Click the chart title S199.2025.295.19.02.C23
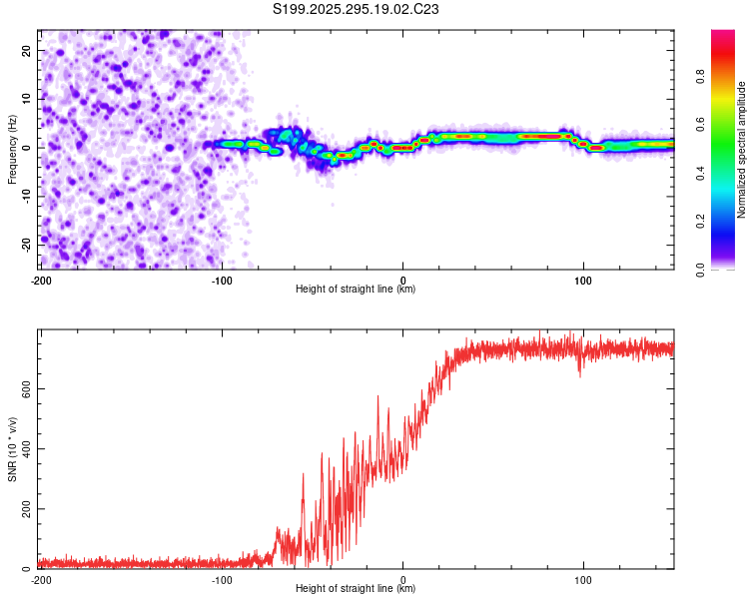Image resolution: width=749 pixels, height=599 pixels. point(356,9)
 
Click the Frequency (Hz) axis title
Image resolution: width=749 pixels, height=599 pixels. point(12,150)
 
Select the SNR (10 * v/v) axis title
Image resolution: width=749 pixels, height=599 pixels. point(12,449)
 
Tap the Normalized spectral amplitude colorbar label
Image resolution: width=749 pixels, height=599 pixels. point(741,150)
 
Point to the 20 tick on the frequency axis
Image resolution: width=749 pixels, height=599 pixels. point(27,51)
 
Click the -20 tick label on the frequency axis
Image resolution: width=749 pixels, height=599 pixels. point(27,246)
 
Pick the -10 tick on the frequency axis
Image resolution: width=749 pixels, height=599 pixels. point(27,197)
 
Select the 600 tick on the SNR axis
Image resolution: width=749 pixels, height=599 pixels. point(27,389)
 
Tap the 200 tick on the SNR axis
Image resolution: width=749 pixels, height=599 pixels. point(27,509)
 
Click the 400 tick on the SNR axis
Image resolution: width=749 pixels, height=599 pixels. point(27,449)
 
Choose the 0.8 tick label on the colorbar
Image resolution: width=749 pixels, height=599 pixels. point(700,77)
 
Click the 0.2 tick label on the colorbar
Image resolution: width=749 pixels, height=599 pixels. point(700,222)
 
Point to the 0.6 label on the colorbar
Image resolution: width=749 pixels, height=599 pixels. point(700,125)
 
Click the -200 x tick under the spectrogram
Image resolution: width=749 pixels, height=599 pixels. point(42,281)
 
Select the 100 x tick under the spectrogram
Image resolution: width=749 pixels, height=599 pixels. point(583,281)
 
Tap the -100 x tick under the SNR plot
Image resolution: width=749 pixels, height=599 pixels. point(222,580)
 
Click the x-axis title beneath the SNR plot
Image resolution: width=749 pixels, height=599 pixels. point(356,588)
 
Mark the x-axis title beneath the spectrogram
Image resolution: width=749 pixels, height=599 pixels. point(356,289)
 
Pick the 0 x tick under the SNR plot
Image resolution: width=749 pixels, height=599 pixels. point(402,580)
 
